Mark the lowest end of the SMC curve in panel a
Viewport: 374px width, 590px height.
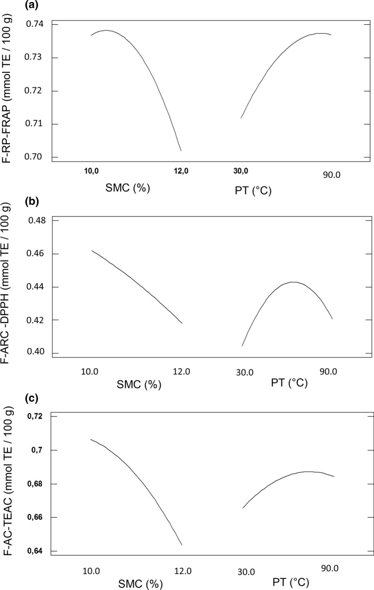[181, 151]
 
